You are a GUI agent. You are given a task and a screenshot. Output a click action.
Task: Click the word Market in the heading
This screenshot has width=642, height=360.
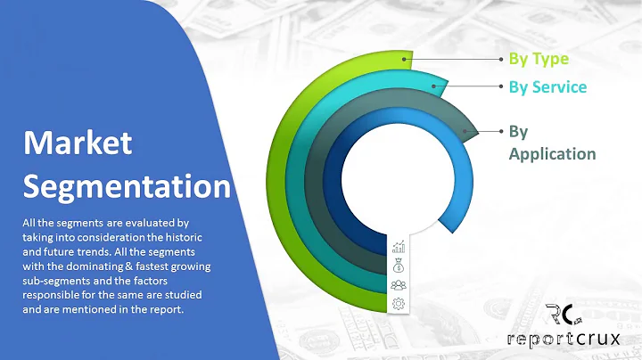pyautogui.click(x=78, y=143)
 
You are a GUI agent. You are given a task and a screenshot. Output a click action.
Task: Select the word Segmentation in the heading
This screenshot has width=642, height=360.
pyautogui.click(x=126, y=185)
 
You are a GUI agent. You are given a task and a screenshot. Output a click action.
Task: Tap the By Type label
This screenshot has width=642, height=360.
pyautogui.click(x=538, y=60)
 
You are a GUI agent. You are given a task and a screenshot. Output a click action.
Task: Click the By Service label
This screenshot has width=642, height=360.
pyautogui.click(x=547, y=87)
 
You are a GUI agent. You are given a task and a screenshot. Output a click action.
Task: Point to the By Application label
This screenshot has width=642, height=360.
pyautogui.click(x=551, y=143)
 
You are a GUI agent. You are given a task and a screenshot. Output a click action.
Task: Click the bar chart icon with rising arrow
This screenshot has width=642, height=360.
pyautogui.click(x=398, y=247)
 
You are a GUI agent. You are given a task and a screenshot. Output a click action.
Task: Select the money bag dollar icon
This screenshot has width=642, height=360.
pyautogui.click(x=398, y=266)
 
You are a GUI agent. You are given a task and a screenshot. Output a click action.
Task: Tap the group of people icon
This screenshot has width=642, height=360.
pyautogui.click(x=398, y=285)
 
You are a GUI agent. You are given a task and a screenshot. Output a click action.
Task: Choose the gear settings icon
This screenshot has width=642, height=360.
pyautogui.click(x=398, y=304)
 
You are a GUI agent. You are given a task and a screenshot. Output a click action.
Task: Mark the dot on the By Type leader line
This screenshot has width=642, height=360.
pyautogui.click(x=501, y=60)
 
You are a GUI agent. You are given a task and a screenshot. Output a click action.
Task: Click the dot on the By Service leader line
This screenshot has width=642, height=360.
pyautogui.click(x=501, y=87)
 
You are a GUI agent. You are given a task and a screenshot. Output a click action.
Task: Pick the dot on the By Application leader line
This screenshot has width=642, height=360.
pyautogui.click(x=501, y=132)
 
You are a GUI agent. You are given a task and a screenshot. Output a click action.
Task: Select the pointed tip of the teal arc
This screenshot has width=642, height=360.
pyautogui.click(x=442, y=87)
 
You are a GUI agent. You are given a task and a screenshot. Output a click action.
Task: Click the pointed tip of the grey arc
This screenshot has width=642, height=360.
pyautogui.click(x=474, y=132)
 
